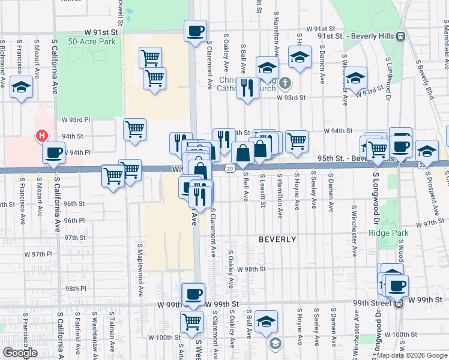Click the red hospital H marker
coord(41,136)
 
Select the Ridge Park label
coord(385,233)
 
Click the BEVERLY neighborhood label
coord(277,239)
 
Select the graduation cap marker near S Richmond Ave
coord(22,87)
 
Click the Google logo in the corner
coord(20,353)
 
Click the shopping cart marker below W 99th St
coord(191,321)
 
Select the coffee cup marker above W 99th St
coord(193,294)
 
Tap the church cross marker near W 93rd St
coord(286,82)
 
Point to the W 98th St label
coord(252,269)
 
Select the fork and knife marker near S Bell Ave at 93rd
coord(247,88)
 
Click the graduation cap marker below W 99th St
coord(266,320)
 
